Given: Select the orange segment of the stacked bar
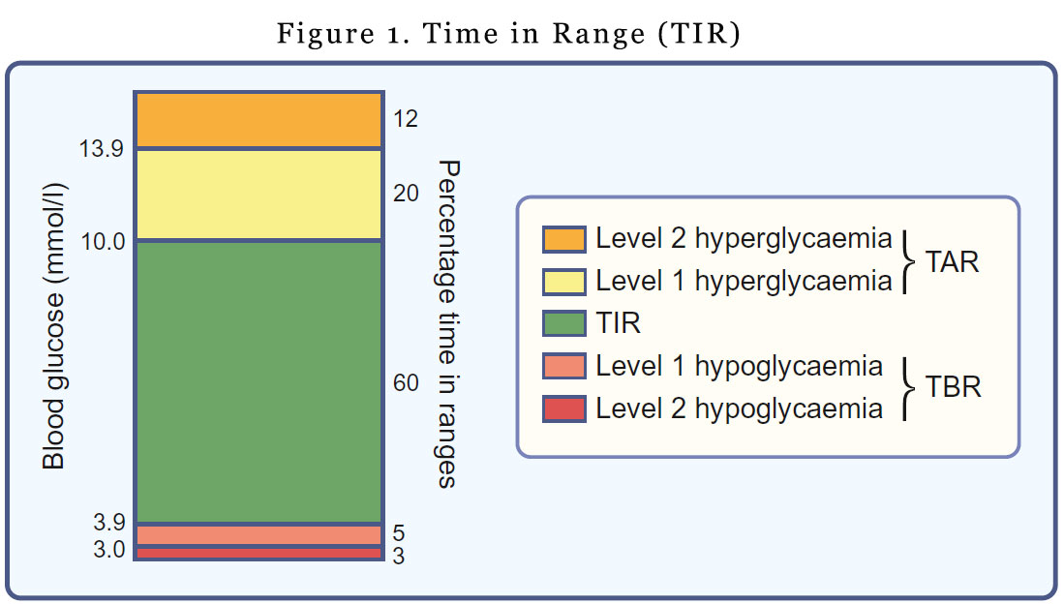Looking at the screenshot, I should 258,120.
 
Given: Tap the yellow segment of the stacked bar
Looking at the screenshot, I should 258,195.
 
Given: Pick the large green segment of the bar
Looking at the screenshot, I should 258,382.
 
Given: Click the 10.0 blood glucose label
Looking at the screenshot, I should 103,240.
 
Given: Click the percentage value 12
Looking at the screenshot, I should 406,119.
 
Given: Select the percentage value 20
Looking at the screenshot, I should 406,194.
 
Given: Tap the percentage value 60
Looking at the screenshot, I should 406,383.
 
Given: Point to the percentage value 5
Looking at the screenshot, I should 399,533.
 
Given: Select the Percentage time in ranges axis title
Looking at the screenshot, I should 446,324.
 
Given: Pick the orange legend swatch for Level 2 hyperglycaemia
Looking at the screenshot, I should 564,239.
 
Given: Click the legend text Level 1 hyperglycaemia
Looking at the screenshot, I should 743,282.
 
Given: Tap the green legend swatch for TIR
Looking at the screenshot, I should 564,323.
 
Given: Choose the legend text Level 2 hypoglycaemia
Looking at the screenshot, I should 739,408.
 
